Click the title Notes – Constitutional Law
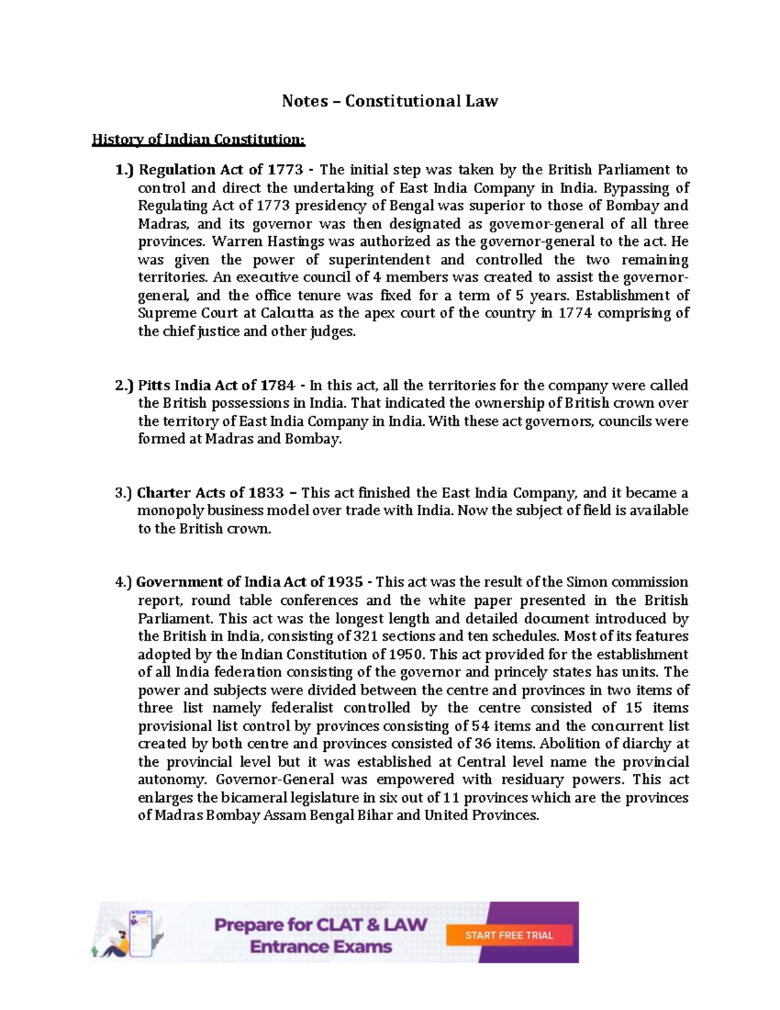(389, 101)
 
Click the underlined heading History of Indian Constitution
(198, 139)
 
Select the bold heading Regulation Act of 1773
(220, 170)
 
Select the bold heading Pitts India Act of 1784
(216, 386)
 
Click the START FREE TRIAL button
(509, 935)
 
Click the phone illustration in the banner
(140, 933)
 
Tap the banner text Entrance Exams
(321, 946)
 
